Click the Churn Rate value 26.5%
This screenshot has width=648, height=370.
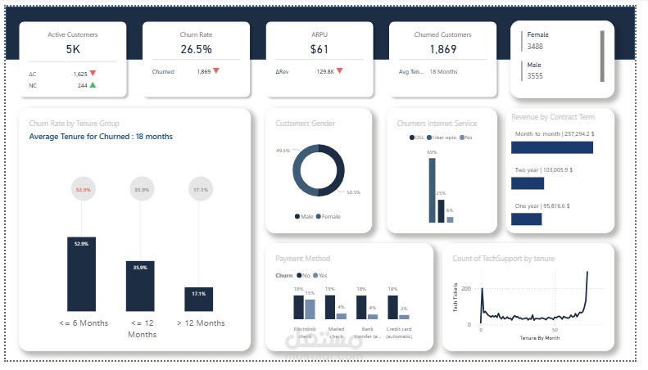[x=196, y=50]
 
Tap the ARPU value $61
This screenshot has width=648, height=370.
[x=319, y=50]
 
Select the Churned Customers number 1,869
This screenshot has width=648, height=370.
[x=442, y=50]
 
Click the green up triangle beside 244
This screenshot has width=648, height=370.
[x=93, y=85]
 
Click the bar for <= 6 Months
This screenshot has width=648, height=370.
[x=81, y=274]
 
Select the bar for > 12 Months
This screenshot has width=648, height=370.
[x=198, y=299]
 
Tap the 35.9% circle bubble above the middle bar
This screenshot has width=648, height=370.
[x=140, y=190]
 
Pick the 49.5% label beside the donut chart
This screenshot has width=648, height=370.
[x=283, y=151]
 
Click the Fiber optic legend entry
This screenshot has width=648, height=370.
[x=443, y=138]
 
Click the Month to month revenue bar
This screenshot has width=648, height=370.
[x=551, y=147]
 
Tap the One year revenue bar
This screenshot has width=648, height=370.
[x=526, y=219]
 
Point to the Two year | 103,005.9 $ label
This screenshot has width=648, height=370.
[x=543, y=169]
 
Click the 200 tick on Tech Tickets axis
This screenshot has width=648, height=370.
[x=466, y=288]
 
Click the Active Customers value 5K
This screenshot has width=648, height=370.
[x=73, y=50]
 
